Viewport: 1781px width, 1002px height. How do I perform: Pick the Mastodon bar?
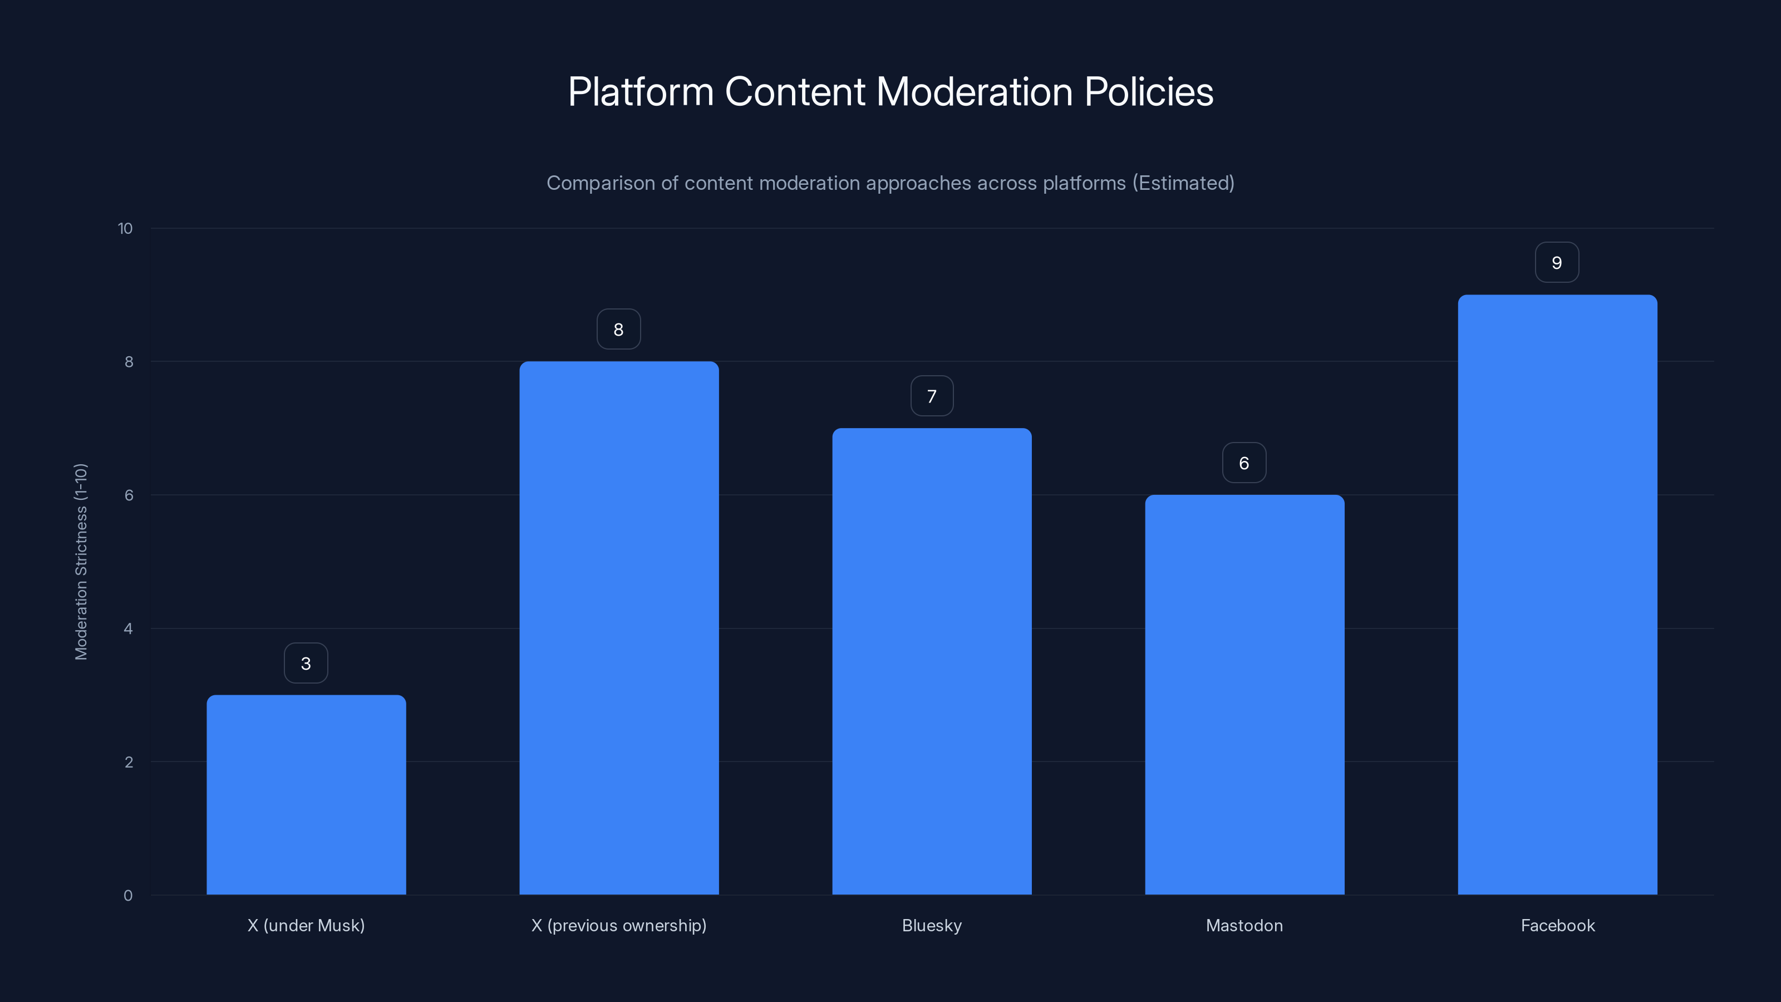(x=1244, y=694)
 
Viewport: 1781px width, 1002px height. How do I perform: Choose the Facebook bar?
(x=1557, y=595)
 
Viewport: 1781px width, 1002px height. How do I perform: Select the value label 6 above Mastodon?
(x=1244, y=463)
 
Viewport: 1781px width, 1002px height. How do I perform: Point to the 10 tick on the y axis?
(x=125, y=229)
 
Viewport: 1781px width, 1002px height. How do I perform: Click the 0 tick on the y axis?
(x=128, y=896)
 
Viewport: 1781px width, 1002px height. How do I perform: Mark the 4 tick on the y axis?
(x=128, y=629)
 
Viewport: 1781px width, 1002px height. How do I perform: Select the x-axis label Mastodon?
(x=1244, y=925)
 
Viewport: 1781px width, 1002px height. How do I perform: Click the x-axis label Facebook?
(x=1558, y=925)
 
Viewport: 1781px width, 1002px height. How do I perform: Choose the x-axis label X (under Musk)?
(x=306, y=925)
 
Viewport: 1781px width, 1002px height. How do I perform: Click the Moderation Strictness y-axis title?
(x=81, y=562)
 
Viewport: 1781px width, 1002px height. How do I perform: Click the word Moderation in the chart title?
(x=974, y=92)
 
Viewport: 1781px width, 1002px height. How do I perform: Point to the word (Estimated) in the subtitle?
(x=1183, y=183)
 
